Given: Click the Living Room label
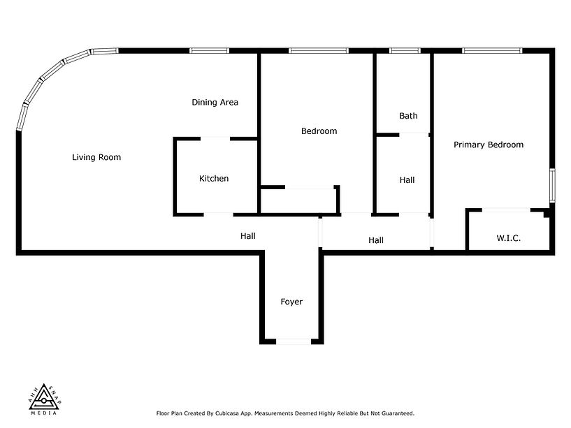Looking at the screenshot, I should [96, 157].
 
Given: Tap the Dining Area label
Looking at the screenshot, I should [215, 102].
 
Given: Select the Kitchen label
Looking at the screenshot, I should [214, 179].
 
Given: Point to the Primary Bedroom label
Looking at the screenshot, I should [489, 145].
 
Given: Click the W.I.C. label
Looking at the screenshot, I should [509, 238].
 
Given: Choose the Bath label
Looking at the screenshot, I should [408, 116].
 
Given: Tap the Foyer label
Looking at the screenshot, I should [291, 302].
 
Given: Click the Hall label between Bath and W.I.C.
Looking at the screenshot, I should [407, 180].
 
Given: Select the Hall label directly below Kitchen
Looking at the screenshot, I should [247, 236].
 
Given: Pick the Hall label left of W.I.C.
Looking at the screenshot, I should [376, 241].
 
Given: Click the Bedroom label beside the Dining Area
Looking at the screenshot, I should [319, 131].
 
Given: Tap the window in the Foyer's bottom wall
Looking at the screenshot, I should [293, 341].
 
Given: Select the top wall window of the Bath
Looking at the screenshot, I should [400, 50].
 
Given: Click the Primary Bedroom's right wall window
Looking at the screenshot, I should [552, 185].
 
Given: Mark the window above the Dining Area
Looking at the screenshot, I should [209, 50].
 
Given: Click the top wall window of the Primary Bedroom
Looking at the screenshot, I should [492, 50].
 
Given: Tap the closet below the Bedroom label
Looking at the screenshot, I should [298, 200].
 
